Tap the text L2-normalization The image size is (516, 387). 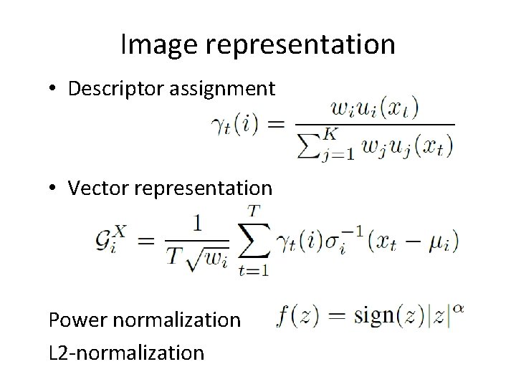coord(126,352)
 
